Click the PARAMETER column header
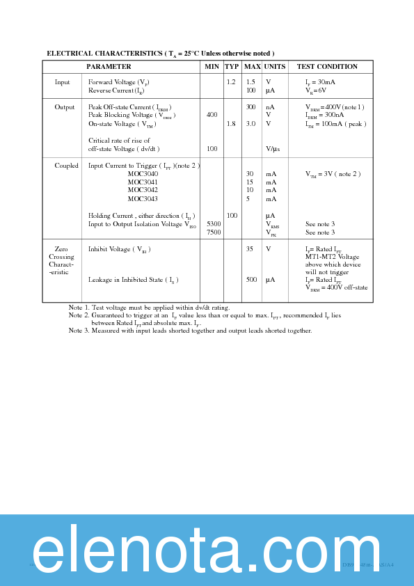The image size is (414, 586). point(109,67)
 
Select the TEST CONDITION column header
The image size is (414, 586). point(327,67)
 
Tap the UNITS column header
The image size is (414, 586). point(274,67)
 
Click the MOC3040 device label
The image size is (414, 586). point(143,174)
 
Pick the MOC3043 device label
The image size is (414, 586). point(143,199)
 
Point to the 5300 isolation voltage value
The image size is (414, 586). point(214,224)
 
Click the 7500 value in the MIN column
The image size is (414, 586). point(214,232)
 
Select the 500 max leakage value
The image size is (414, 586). point(251,280)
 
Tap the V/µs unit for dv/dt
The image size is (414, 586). point(272,149)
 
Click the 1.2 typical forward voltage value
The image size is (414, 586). point(231,82)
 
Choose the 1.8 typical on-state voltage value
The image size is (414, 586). point(231,124)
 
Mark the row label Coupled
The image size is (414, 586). point(67,166)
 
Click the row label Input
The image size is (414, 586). point(63,82)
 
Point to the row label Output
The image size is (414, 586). point(65,107)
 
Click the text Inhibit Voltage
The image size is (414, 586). point(109,249)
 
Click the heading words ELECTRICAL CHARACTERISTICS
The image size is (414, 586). point(104,54)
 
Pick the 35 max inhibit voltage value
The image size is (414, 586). point(249,249)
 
